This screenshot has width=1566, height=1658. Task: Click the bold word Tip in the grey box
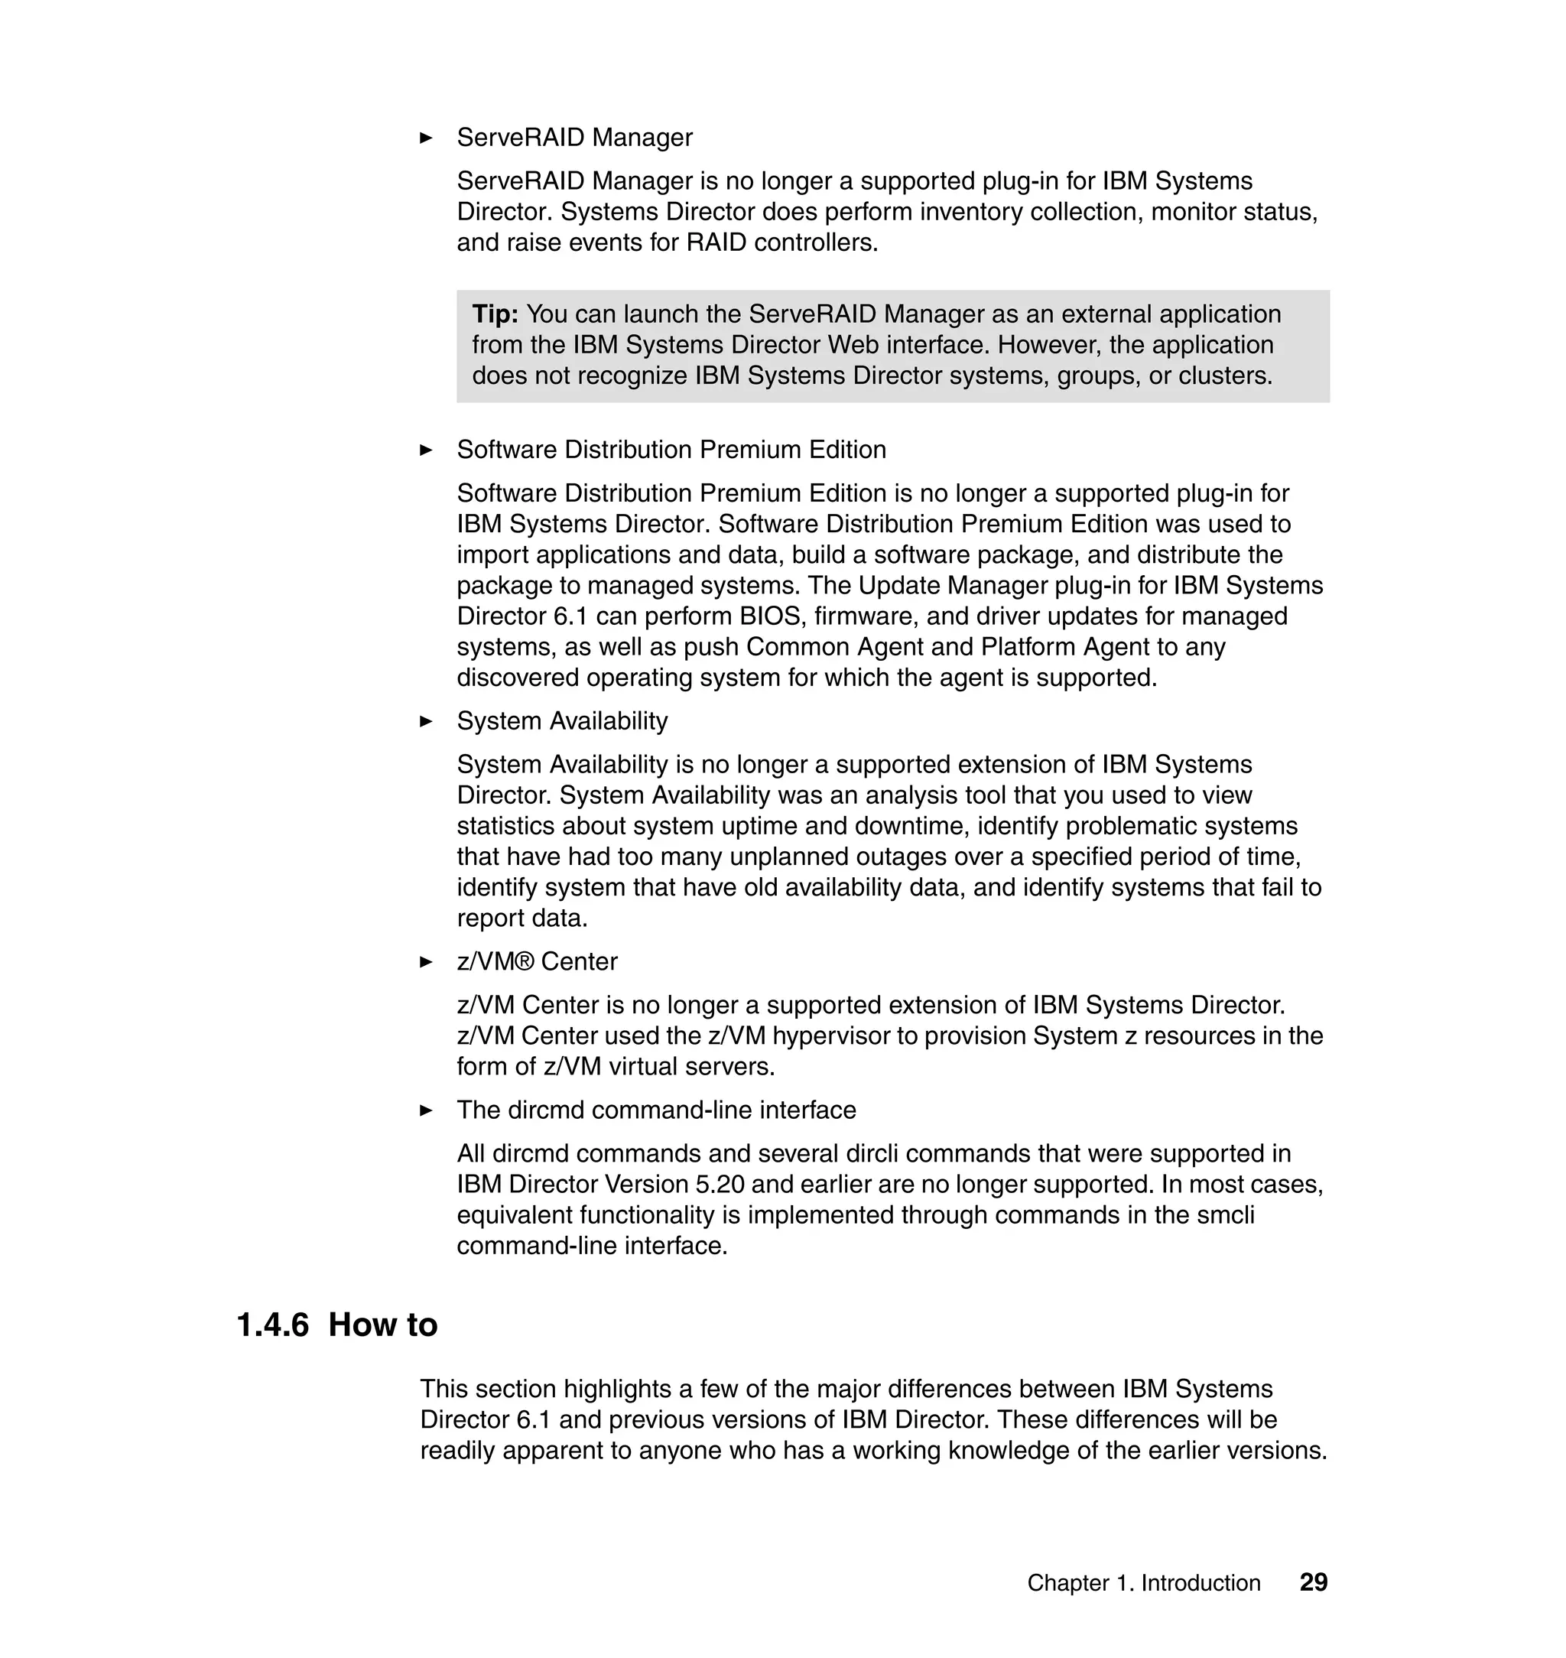(494, 315)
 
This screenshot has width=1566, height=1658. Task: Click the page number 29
(1313, 1582)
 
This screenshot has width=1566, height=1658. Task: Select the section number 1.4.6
(272, 1325)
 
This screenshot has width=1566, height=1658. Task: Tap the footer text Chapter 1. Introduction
(1143, 1583)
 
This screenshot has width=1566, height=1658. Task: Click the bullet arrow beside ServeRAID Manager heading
(426, 138)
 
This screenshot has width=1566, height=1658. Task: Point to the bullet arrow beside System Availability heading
(426, 721)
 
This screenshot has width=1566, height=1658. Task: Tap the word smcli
(1228, 1214)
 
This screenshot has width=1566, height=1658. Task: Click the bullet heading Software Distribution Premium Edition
(671, 450)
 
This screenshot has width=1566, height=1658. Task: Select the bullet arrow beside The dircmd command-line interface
(426, 1110)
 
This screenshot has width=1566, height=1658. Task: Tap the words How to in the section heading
(382, 1325)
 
